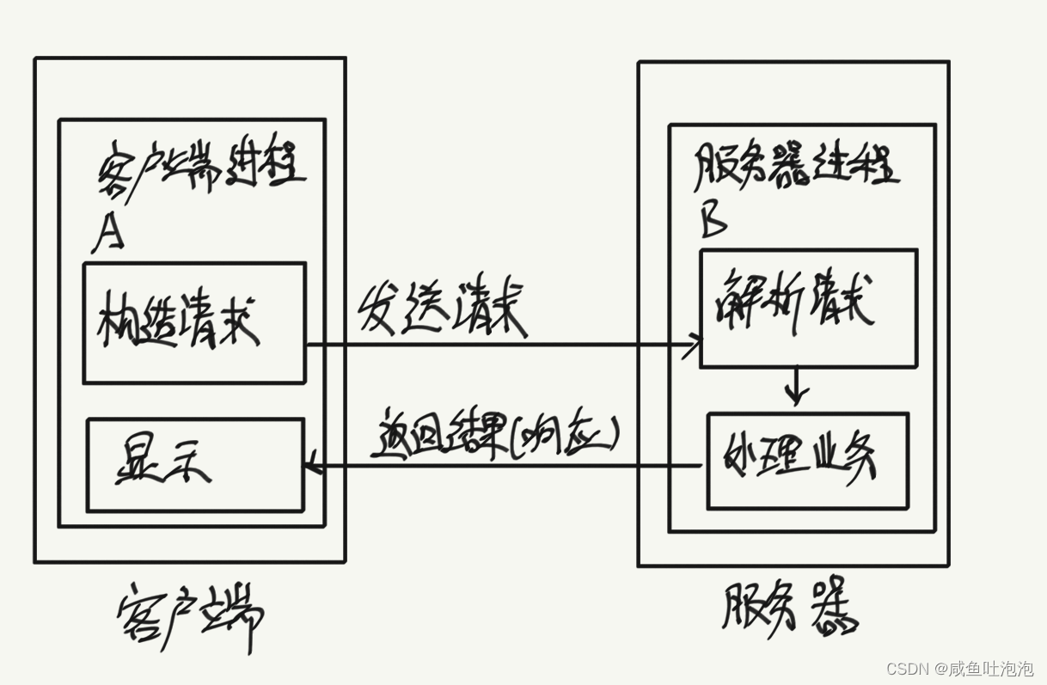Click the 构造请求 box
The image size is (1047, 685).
coord(194,322)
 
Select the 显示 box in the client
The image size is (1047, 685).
coord(195,464)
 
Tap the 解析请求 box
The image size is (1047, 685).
coord(808,308)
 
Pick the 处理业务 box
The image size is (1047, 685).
coord(807,461)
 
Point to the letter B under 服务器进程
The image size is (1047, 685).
coord(713,220)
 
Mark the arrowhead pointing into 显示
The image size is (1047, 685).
coord(312,467)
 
